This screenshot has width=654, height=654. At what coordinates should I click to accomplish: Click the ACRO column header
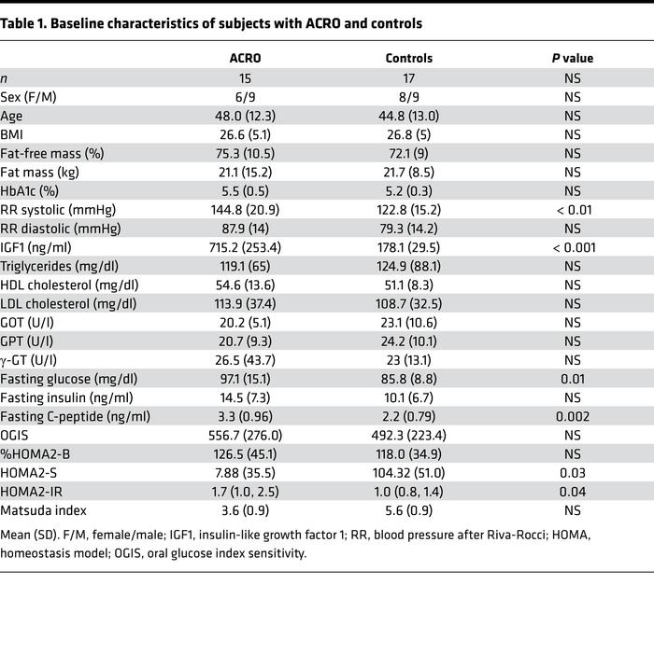[x=245, y=58]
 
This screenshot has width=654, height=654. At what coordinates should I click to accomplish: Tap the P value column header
[x=572, y=58]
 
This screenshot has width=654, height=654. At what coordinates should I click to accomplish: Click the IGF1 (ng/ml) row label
[x=47, y=246]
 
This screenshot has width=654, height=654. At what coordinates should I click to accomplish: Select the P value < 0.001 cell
[x=572, y=246]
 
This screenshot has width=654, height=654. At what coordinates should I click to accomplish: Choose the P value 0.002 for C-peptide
[x=572, y=416]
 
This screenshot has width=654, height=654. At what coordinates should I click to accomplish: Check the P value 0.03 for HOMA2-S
[x=572, y=472]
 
